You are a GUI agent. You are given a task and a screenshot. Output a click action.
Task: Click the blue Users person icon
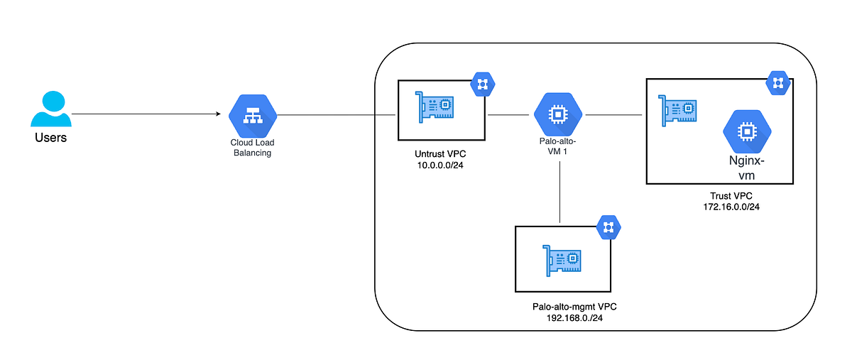pos(51,110)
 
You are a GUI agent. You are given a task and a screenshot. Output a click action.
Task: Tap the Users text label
pos(51,138)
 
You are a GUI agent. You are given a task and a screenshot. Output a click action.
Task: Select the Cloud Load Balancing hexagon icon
pos(253,115)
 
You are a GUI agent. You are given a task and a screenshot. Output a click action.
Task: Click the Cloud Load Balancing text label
pos(253,148)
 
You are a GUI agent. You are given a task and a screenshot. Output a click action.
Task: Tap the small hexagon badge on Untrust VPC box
pos(482,84)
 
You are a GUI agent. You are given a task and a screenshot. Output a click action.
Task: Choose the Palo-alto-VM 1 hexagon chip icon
pos(558,114)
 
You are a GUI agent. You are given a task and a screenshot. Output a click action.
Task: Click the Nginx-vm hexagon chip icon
pos(745,132)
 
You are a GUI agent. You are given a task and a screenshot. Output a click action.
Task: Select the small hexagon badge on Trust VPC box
pos(777,83)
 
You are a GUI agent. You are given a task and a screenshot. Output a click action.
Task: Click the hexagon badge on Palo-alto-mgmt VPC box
pos(608,227)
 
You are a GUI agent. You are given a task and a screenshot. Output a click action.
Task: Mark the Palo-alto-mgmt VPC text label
pos(573,307)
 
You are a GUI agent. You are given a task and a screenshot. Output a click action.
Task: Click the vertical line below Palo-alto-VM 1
pos(560,192)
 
